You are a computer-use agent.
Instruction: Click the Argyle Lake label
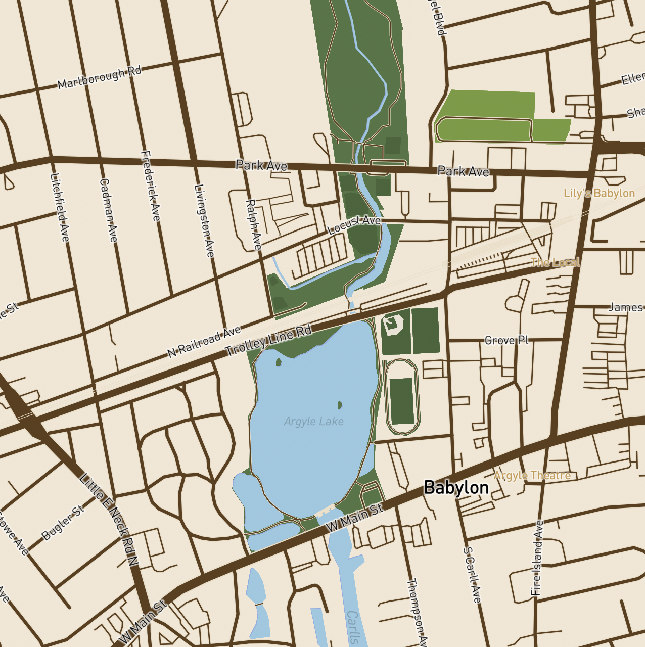(x=313, y=421)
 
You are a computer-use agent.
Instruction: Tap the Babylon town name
(x=456, y=487)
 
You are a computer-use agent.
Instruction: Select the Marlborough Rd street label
(x=99, y=77)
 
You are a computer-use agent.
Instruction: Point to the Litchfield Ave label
(x=60, y=207)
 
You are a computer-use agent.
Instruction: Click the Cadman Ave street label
(x=108, y=210)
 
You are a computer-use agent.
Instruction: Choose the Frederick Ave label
(x=151, y=186)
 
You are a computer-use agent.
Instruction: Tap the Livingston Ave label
(x=204, y=220)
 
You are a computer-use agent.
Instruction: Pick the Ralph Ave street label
(x=253, y=224)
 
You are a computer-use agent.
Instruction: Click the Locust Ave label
(x=354, y=224)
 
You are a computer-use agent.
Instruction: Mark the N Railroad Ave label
(x=204, y=342)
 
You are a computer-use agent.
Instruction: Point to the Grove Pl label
(x=506, y=340)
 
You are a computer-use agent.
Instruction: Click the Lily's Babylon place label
(x=599, y=193)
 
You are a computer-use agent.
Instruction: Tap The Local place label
(x=555, y=262)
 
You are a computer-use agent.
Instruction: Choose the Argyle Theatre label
(x=532, y=476)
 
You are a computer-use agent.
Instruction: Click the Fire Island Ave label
(x=537, y=558)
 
